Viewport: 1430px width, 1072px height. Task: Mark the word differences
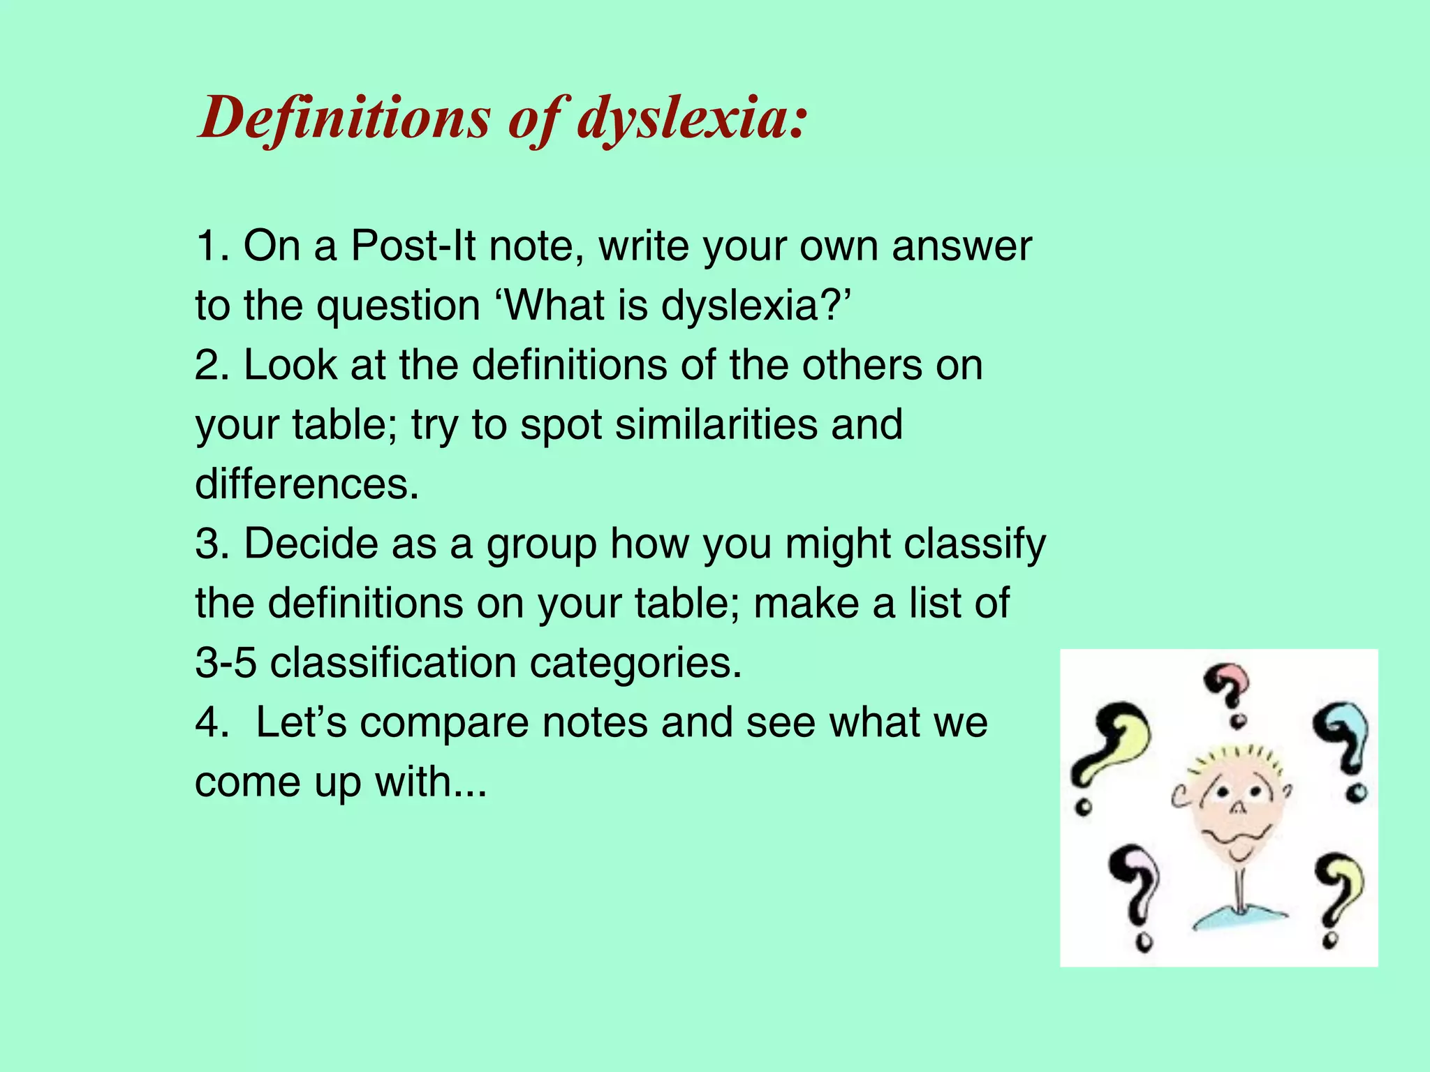tap(307, 484)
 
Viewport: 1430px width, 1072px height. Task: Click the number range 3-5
tap(226, 662)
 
